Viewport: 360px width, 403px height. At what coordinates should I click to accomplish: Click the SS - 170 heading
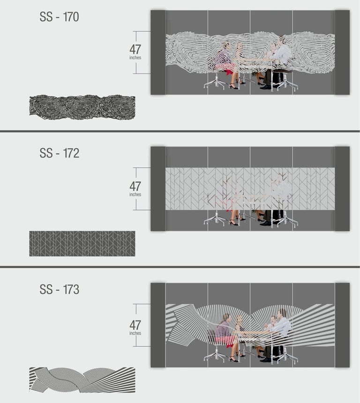click(59, 17)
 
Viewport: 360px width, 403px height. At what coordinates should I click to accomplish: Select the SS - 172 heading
click(59, 153)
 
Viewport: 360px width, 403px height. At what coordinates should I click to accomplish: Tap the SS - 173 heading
click(59, 290)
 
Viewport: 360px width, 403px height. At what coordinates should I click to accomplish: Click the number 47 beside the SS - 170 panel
click(135, 49)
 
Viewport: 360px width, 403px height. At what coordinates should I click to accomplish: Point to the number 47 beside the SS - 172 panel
click(135, 187)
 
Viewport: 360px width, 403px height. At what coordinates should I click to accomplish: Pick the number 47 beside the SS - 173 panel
click(135, 325)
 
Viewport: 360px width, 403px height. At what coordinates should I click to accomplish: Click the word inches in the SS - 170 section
click(135, 58)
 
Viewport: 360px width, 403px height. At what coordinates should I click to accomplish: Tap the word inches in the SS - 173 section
click(135, 333)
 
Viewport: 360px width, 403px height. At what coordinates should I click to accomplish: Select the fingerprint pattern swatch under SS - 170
click(82, 107)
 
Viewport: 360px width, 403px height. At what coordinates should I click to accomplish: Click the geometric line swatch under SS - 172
click(82, 243)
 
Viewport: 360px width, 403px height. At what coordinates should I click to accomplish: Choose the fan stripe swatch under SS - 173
click(82, 380)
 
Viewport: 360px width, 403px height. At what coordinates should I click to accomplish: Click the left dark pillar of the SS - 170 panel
click(158, 52)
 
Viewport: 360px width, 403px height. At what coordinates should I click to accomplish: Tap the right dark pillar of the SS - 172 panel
click(342, 189)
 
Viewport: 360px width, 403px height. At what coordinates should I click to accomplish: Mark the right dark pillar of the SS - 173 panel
click(342, 325)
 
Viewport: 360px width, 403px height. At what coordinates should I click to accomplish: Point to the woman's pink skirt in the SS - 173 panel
click(225, 341)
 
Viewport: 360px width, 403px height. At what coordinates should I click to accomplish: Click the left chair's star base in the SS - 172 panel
click(216, 222)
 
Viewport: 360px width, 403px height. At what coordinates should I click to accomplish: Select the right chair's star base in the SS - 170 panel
click(285, 85)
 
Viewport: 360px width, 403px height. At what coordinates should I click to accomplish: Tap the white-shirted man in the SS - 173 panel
click(281, 323)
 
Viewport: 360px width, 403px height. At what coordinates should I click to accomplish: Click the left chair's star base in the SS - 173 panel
click(216, 357)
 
